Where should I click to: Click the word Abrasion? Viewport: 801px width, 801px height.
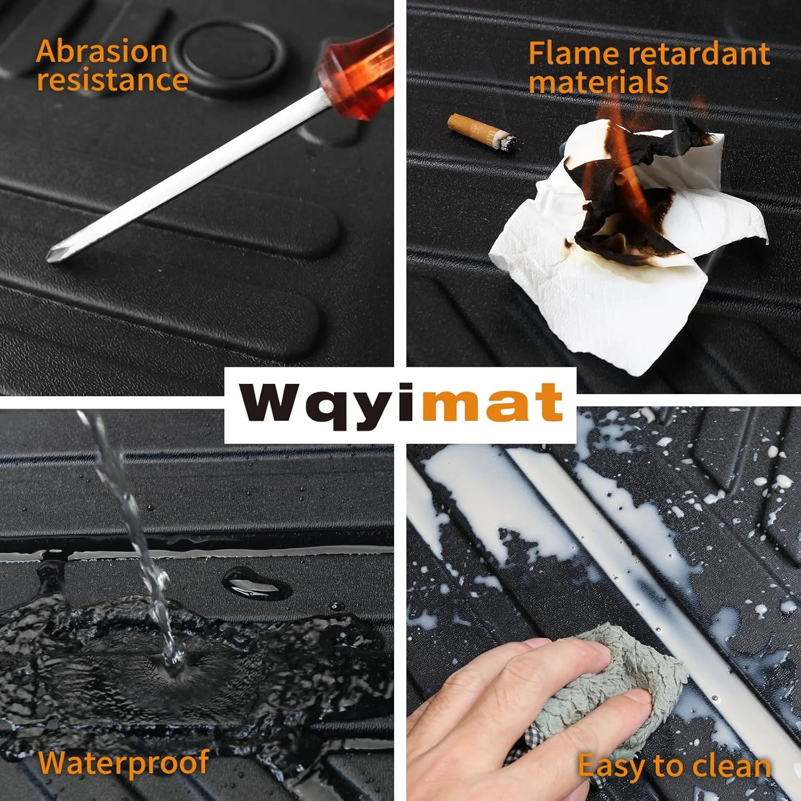(102, 52)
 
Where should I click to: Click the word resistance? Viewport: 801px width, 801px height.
(112, 80)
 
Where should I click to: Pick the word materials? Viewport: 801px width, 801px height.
(599, 83)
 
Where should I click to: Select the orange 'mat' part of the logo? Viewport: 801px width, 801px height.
(491, 403)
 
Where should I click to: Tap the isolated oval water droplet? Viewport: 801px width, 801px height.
(256, 583)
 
